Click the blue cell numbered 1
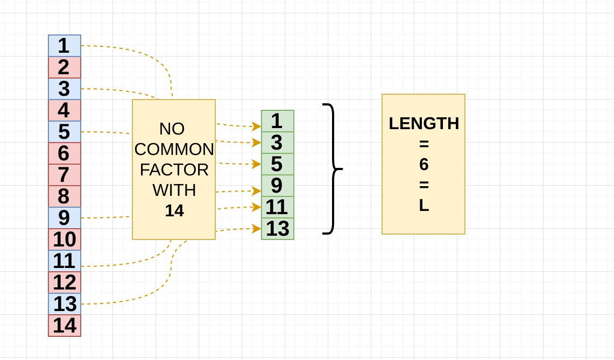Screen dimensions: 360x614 pos(65,46)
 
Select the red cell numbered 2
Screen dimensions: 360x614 pos(65,67)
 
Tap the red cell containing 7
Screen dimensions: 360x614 pos(65,175)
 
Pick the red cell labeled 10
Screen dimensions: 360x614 pos(65,239)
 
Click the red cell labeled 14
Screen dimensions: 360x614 pos(65,326)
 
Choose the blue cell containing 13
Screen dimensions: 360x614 pos(65,304)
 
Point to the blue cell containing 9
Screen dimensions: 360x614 pos(65,218)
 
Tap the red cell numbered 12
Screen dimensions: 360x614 pos(65,283)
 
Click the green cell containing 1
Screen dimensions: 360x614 pos(278,121)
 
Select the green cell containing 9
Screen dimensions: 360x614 pos(278,186)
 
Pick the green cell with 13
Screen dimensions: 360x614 pos(278,229)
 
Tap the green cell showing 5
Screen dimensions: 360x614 pos(278,164)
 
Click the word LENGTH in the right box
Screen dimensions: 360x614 pos(424,124)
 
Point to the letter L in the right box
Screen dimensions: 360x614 pos(424,206)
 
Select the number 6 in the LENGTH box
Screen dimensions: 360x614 pos(424,165)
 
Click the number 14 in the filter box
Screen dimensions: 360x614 pos(174,210)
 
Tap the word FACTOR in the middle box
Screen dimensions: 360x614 pos(174,170)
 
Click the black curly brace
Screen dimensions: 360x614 pos(333,169)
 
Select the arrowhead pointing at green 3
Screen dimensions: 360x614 pos(257,143)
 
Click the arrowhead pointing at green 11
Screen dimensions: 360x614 pos(257,207)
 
